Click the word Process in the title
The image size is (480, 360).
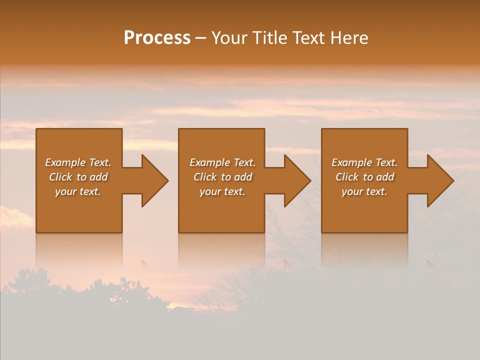click(x=157, y=38)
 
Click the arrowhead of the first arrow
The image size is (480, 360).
click(x=155, y=180)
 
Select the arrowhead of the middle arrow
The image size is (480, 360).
click(x=297, y=180)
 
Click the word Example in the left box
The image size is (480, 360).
click(x=65, y=162)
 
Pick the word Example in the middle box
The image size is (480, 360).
click(x=209, y=162)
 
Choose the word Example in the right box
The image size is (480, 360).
click(x=351, y=162)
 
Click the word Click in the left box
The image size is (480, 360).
click(x=60, y=177)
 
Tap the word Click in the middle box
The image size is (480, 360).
click(x=205, y=177)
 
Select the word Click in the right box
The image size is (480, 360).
click(x=347, y=177)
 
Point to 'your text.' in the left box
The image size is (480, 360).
click(x=78, y=191)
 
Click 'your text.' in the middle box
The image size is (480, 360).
click(x=222, y=191)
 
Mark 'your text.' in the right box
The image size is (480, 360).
click(x=364, y=191)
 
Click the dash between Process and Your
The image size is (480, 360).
click(x=201, y=38)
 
